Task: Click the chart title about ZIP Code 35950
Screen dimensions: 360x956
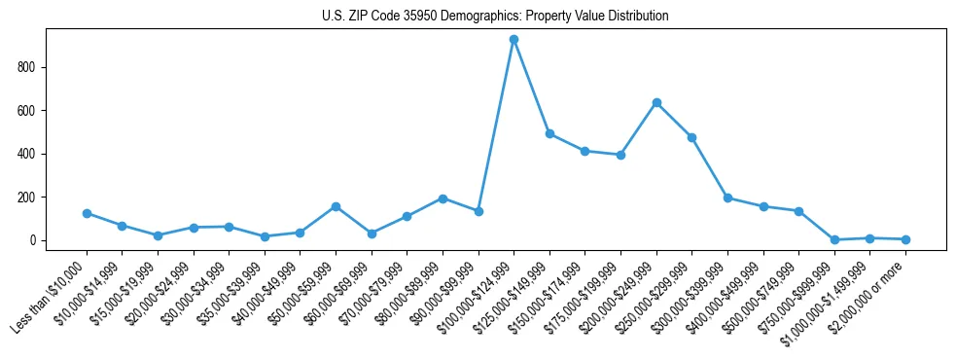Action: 495,17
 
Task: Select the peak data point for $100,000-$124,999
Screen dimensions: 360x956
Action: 513,40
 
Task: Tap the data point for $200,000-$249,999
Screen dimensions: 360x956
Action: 656,102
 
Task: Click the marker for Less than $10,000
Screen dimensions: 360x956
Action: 87,213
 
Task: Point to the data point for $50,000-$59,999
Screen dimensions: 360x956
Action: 336,206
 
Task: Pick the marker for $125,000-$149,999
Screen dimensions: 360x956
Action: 549,133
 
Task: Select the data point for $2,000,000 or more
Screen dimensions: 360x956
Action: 905,239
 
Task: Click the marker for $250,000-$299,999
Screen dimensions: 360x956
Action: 691,137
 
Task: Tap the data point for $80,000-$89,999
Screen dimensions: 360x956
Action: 443,198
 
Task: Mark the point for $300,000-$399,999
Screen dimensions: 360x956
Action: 727,198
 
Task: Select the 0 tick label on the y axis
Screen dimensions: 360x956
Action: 34,240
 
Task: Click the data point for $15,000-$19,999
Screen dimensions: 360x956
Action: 158,235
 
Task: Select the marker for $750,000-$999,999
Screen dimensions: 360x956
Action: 834,239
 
